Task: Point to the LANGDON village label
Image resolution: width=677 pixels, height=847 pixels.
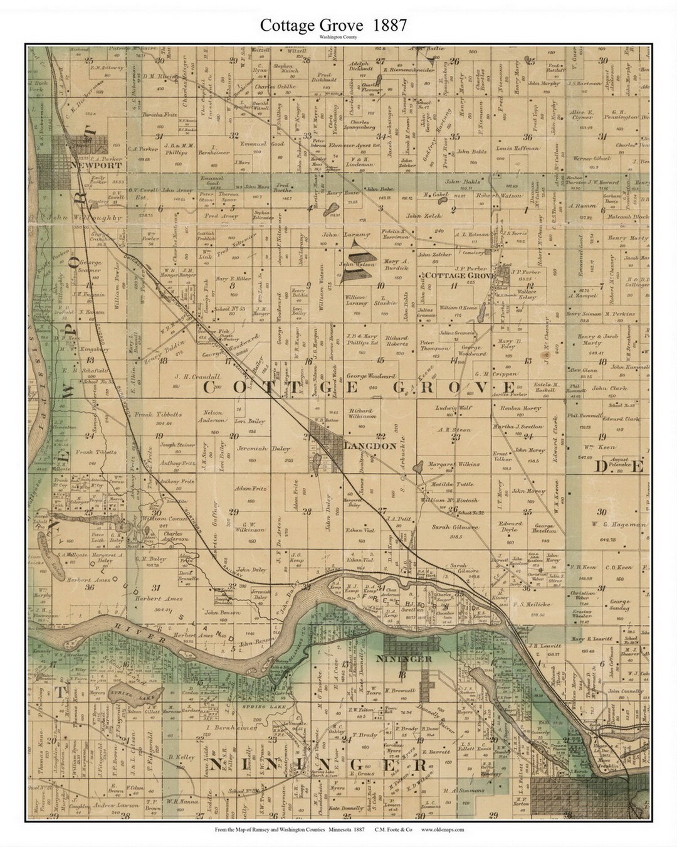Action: pyautogui.click(x=370, y=445)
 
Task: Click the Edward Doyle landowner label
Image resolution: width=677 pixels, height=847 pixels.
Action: pyautogui.click(x=510, y=526)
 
